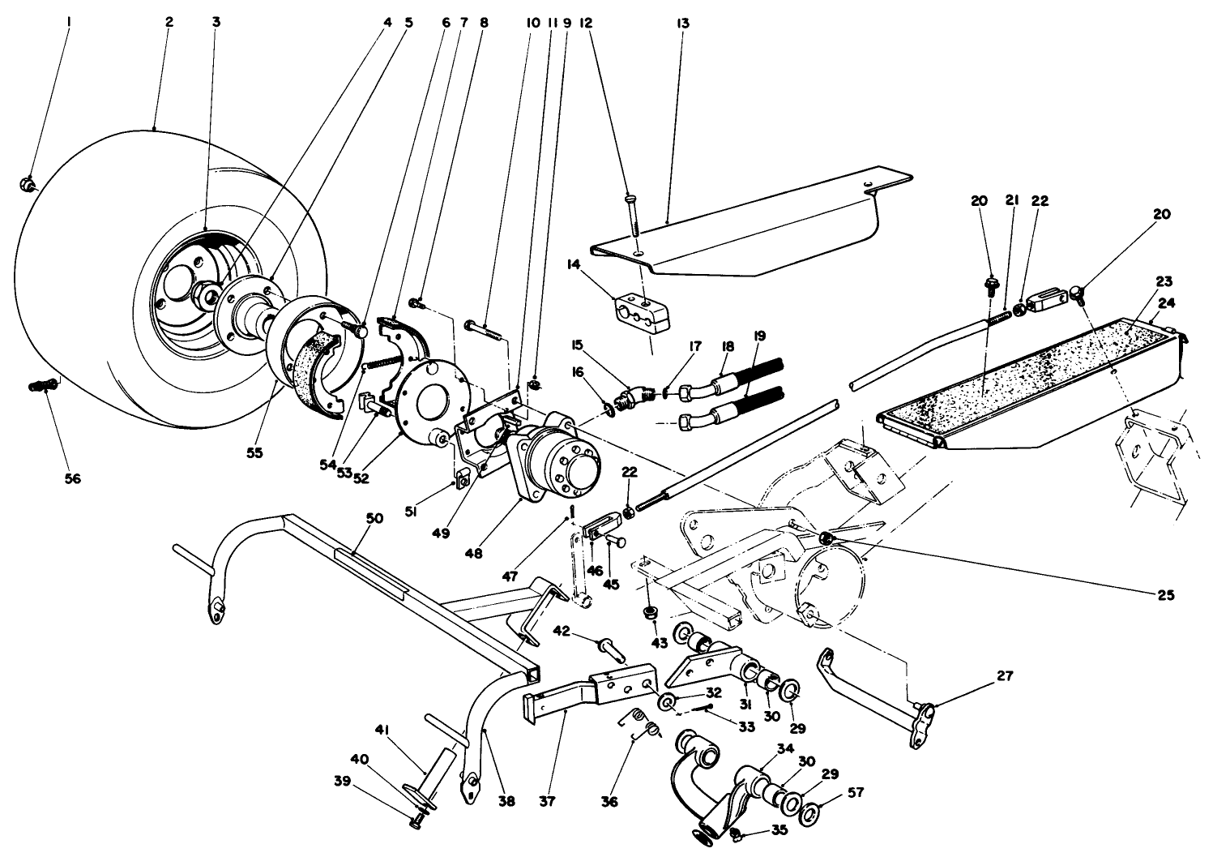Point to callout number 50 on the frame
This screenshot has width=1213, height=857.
tap(374, 518)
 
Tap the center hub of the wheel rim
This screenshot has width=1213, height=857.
tap(207, 292)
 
